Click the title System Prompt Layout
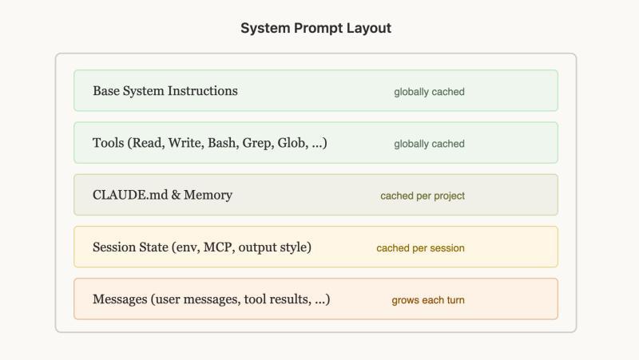[316, 28]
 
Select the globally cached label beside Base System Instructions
[429, 92]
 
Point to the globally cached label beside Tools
[429, 144]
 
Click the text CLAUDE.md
[130, 195]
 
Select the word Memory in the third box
[208, 195]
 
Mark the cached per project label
[423, 196]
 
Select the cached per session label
[421, 248]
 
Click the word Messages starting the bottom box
[120, 299]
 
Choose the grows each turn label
[428, 300]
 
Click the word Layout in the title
[369, 28]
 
